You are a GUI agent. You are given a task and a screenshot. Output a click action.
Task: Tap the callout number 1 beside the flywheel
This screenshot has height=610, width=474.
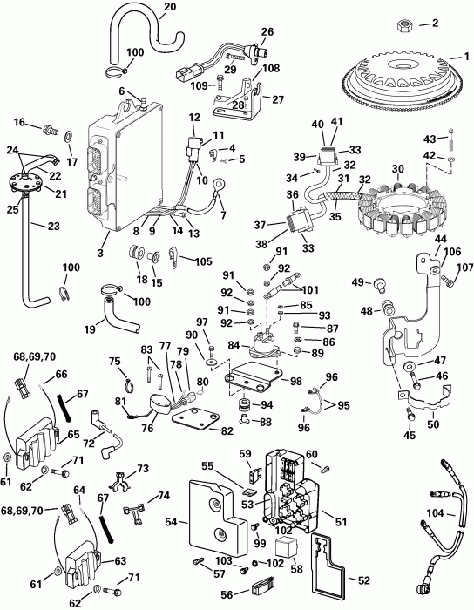pos(466,57)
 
